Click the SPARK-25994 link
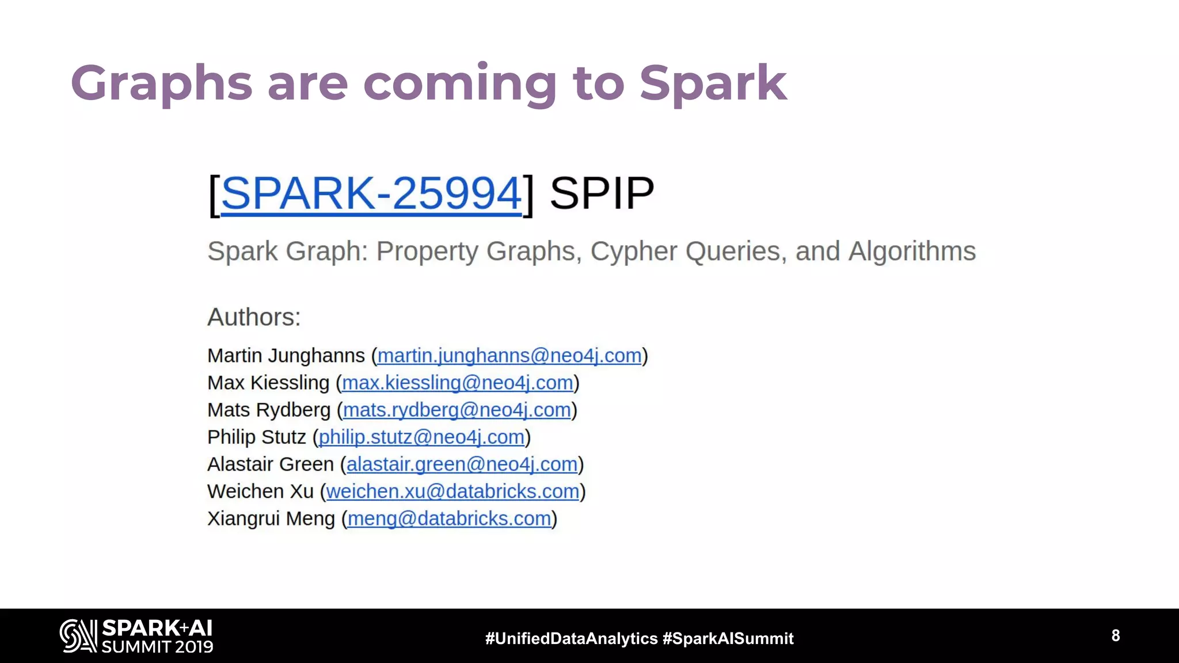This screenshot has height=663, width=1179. click(371, 193)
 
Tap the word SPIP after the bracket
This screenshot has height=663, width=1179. click(602, 193)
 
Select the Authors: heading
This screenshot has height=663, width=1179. click(254, 317)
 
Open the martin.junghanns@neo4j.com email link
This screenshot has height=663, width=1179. click(509, 356)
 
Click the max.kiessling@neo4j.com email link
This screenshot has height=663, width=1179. click(457, 383)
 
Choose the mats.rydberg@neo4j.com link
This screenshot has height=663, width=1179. click(457, 410)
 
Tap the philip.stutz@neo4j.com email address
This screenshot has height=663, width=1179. click(421, 437)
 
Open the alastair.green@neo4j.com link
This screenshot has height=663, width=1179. click(462, 464)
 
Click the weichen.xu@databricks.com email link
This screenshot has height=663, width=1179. click(452, 491)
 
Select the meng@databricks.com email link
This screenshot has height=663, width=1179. click(449, 519)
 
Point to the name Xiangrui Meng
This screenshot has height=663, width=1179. click(271, 519)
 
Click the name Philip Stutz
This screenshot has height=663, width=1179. click(256, 437)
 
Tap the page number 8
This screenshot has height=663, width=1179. click(1116, 635)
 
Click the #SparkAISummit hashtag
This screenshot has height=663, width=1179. click(728, 638)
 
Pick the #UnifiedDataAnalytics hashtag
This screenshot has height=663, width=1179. click(571, 638)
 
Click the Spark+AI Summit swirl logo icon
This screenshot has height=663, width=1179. click(78, 635)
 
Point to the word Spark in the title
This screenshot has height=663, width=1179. click(713, 83)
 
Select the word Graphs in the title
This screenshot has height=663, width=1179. click(162, 83)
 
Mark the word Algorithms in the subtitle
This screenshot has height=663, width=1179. click(912, 252)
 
